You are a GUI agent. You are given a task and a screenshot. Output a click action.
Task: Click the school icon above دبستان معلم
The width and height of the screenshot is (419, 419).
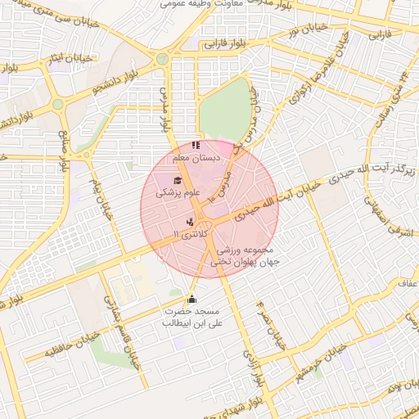195,146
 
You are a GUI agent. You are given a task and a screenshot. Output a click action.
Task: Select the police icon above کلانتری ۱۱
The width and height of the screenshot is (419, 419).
190,221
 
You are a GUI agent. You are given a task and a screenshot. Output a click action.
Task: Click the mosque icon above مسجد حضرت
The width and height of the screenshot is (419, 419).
192,299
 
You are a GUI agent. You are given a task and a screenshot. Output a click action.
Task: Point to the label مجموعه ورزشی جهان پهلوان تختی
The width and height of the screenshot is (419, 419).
246,257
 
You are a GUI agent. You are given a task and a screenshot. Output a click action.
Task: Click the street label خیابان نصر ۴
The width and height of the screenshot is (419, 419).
271,322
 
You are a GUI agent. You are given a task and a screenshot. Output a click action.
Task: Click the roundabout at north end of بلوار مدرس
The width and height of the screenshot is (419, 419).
163,59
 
